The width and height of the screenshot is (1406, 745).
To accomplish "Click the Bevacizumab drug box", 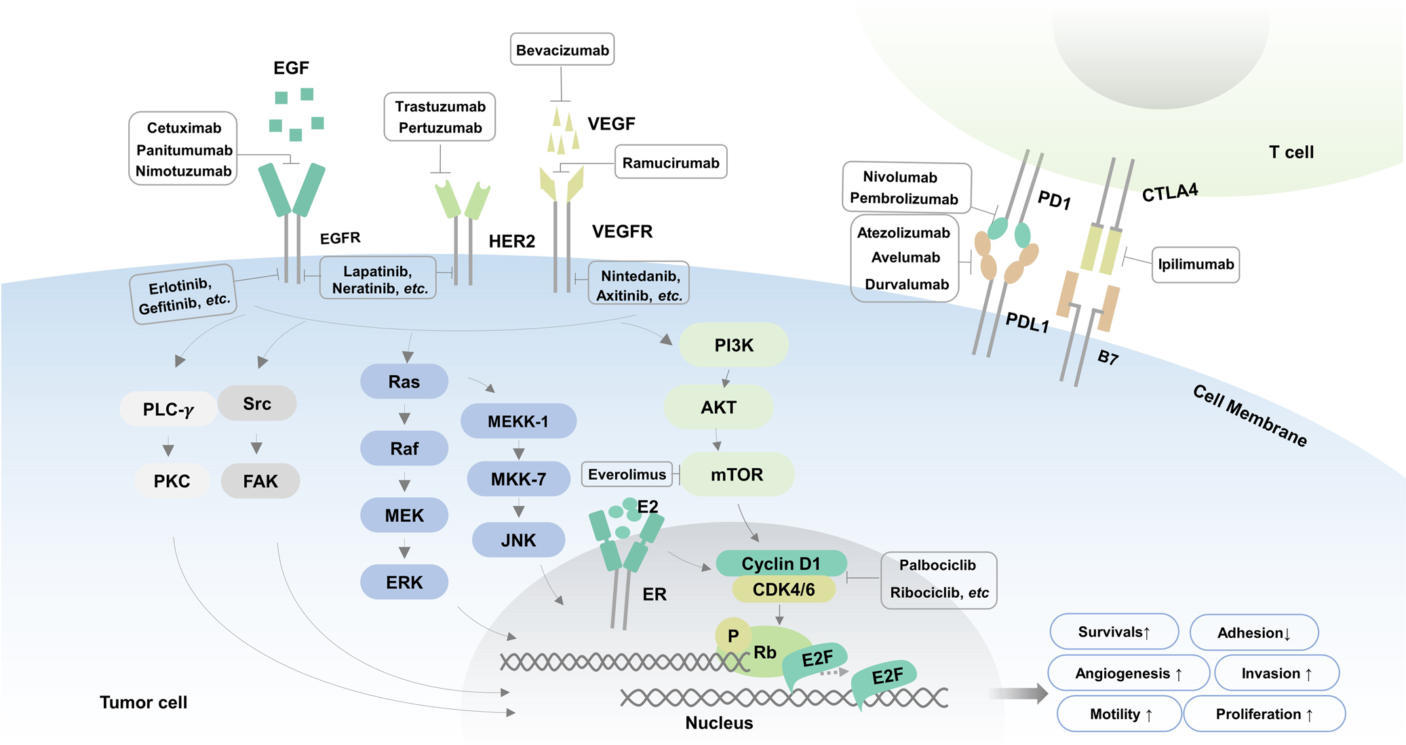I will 562,50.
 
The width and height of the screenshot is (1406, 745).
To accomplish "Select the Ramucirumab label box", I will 670,162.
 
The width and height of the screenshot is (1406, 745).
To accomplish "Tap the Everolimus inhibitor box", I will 627,474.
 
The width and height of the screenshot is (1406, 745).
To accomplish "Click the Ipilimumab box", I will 1195,264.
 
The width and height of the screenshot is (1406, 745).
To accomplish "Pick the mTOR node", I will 737,474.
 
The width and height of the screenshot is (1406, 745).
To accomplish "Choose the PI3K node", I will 734,345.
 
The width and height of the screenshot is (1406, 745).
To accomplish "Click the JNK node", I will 518,540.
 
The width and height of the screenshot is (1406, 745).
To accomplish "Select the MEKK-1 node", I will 518,421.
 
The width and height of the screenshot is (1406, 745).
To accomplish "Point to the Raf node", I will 404,448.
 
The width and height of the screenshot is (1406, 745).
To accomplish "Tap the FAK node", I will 260,481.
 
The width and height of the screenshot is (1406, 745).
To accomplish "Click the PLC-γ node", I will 168,409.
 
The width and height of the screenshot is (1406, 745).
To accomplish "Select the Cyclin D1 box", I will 781,563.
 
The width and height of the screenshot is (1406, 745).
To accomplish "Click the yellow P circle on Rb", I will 733,636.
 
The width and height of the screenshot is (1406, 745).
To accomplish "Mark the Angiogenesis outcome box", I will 1128,673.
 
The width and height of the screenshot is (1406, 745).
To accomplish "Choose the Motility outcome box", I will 1120,714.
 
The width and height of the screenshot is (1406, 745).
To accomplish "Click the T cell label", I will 1291,152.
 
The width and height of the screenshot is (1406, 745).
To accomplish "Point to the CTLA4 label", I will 1170,193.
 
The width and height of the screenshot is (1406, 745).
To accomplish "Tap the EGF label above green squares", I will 291,68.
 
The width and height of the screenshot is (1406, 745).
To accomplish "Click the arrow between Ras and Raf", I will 404,415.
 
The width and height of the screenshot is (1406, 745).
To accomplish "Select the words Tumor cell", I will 143,702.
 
